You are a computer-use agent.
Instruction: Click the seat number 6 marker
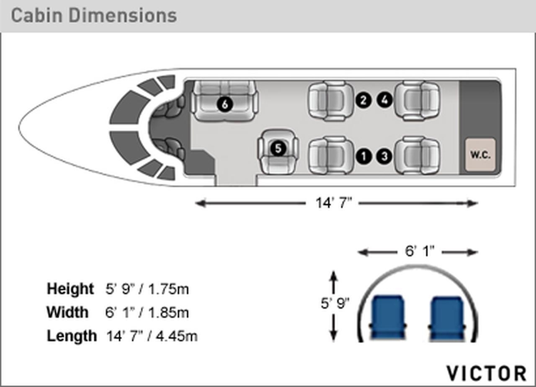tap(225, 104)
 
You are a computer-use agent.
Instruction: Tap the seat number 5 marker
tap(278, 148)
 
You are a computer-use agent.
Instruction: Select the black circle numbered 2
tap(363, 100)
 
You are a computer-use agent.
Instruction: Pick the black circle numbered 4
tap(385, 100)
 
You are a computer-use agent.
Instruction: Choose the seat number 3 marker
tap(384, 156)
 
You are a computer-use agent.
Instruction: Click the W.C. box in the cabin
tap(480, 155)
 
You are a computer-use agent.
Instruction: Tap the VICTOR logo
tap(487, 373)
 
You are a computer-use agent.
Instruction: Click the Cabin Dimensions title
tap(94, 15)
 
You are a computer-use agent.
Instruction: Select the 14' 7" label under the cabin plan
tap(334, 203)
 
